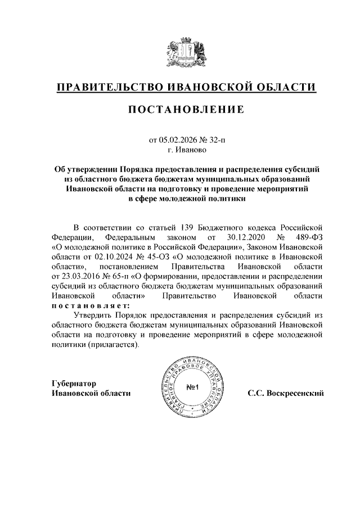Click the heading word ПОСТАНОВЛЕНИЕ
coord(186,110)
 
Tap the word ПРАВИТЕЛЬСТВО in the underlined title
coord(107,87)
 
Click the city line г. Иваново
coord(186,150)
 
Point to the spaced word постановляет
coord(89,305)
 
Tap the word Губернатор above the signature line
coord(74,383)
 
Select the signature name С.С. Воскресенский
coord(286,393)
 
